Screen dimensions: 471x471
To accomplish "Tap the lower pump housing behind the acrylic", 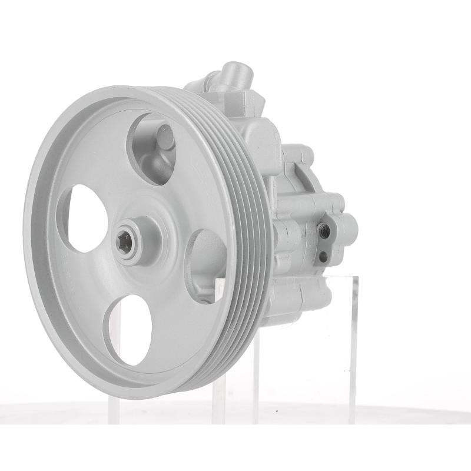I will (x=294, y=300).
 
